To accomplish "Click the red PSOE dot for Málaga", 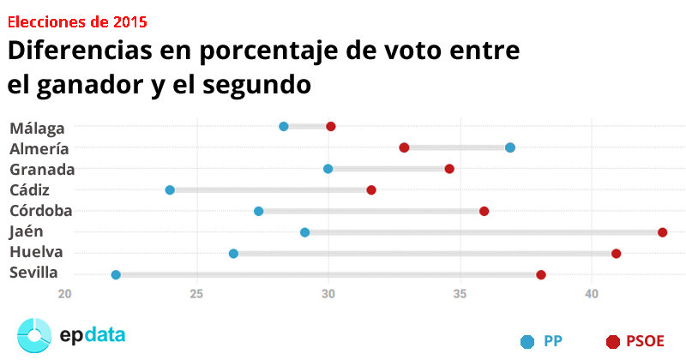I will point(331,127).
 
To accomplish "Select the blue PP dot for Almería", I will point(510,147).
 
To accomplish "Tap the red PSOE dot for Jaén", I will point(663,232).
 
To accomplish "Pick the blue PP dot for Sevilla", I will point(116,275).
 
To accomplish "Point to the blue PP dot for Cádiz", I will point(170,189).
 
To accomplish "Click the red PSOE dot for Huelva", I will point(617,254).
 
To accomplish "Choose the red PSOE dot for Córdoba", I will point(484,211).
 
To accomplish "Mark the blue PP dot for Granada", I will point(328,169).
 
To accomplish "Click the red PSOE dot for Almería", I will point(404,147).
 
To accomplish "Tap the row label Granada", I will point(42,169).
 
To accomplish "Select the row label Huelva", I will point(36,252).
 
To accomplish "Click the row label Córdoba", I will point(40,210).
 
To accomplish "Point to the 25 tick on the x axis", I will point(197,295).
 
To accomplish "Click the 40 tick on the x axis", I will point(591,295).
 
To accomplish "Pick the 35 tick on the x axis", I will point(460,295).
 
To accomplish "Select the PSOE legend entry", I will point(635,341).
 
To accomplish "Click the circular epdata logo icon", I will point(36,334).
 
